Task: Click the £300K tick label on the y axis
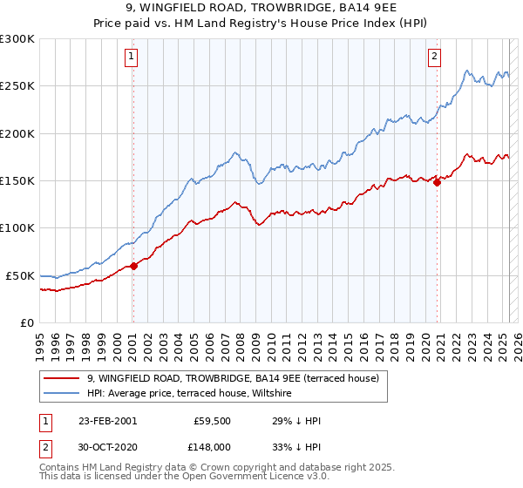click(17, 39)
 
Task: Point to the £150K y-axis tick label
click(17, 181)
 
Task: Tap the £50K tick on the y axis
click(21, 275)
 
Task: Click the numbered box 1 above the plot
click(132, 58)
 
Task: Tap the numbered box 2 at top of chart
click(434, 58)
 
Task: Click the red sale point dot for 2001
click(134, 267)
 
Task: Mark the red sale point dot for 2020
click(437, 182)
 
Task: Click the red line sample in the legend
click(62, 379)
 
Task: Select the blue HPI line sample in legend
click(62, 394)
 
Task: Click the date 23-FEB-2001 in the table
click(107, 421)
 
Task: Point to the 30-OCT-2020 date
click(108, 447)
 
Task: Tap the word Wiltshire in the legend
click(274, 394)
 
